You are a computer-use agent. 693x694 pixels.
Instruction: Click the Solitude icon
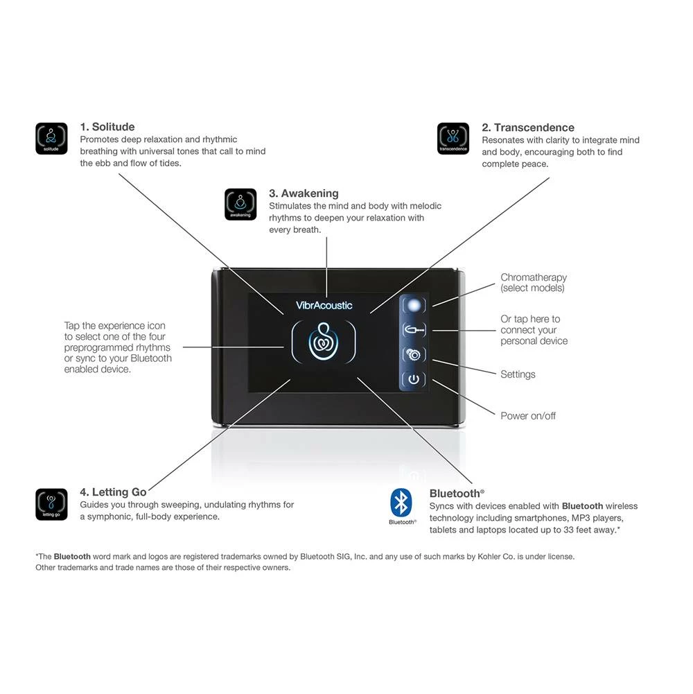[51, 139]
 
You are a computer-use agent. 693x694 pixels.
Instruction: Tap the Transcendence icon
[453, 139]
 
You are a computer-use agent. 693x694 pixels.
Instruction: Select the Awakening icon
[240, 205]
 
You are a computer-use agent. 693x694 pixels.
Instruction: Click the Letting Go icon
[51, 504]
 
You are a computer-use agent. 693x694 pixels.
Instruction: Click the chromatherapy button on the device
[414, 305]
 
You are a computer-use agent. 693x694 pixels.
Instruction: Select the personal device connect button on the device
[414, 330]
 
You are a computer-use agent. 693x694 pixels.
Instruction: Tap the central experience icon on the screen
[324, 342]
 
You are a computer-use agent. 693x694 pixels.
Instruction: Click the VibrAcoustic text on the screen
[324, 305]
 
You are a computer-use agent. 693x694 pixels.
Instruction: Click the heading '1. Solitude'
[107, 127]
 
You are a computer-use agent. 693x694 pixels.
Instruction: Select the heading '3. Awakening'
[304, 193]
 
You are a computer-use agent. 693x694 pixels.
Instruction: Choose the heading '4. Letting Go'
[113, 492]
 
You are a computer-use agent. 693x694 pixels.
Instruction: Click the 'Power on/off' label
[528, 416]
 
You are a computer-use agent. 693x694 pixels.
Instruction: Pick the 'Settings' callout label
[518, 374]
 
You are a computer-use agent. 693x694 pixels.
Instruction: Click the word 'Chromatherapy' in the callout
[534, 277]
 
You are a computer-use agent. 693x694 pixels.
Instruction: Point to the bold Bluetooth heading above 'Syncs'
[455, 494]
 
